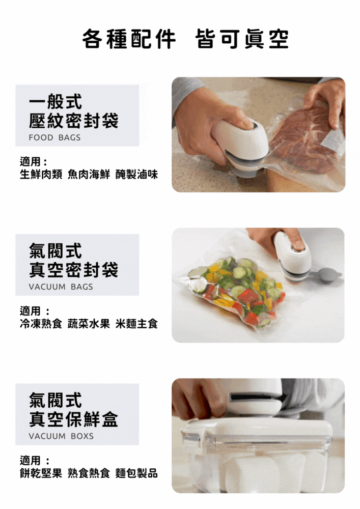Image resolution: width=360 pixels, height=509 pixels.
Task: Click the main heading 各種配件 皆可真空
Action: coord(185,39)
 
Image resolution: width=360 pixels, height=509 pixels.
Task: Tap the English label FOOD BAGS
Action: coord(54,137)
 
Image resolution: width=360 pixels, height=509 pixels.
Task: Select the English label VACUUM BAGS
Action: coord(61,287)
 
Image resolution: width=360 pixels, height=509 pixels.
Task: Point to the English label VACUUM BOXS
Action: coord(61,436)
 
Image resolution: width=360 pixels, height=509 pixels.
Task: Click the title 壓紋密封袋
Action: coord(74,120)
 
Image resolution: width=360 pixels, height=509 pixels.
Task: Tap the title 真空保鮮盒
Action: coord(74,419)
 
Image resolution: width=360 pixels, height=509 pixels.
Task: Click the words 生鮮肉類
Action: coord(41,175)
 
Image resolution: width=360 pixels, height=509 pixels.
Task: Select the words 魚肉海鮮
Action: coord(89,175)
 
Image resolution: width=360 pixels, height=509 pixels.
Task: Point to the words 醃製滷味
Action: coord(136,175)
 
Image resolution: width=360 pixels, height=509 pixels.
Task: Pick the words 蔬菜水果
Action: coord(89,324)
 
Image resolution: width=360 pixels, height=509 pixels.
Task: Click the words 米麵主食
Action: coord(136,324)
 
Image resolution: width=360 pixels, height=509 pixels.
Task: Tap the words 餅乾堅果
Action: coord(41,473)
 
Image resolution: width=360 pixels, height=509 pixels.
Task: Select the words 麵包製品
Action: coord(136,473)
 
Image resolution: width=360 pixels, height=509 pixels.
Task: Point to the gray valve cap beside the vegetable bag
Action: coord(328,275)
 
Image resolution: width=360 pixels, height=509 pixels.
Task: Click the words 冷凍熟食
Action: coord(41,324)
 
